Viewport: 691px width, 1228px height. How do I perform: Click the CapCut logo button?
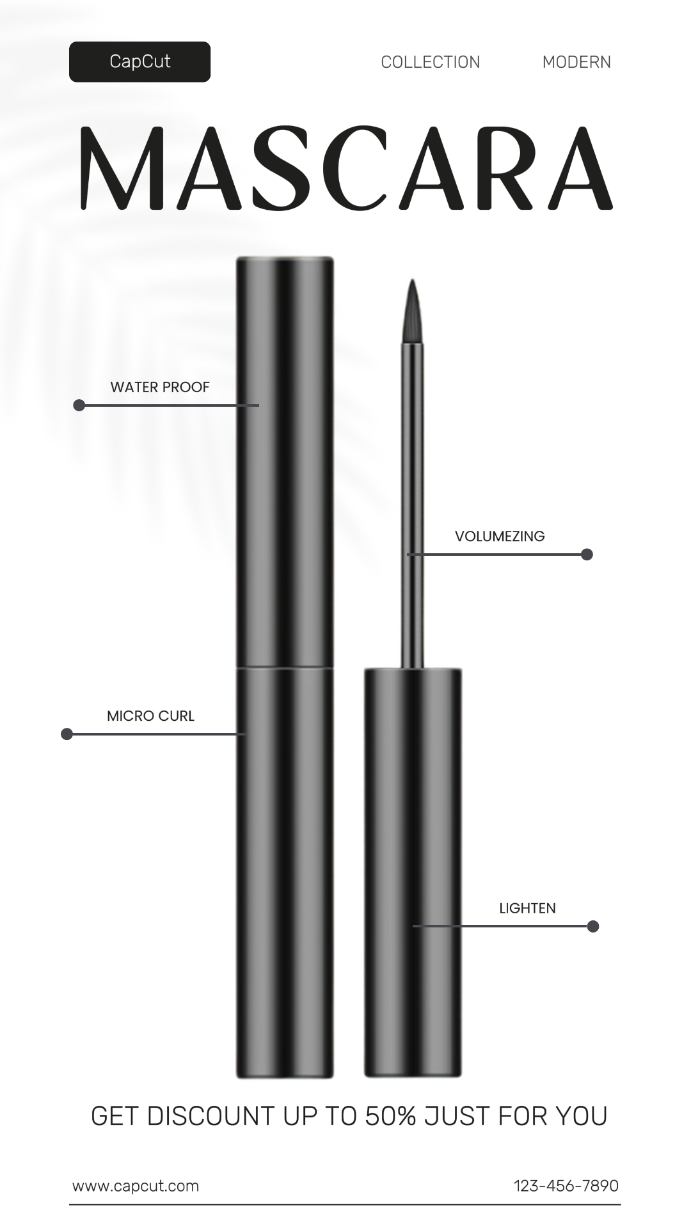click(139, 61)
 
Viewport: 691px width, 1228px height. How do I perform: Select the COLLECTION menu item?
click(431, 62)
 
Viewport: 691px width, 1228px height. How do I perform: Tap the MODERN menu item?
click(576, 62)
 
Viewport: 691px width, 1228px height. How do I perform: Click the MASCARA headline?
click(346, 168)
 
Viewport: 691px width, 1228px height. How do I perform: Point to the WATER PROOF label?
click(160, 387)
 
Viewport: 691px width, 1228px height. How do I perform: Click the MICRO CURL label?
click(150, 716)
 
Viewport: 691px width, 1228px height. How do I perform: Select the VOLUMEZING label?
click(500, 536)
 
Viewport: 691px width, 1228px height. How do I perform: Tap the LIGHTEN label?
click(527, 908)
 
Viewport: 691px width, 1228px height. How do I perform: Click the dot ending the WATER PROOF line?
click(79, 405)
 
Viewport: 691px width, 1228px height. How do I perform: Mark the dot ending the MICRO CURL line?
click(67, 734)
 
